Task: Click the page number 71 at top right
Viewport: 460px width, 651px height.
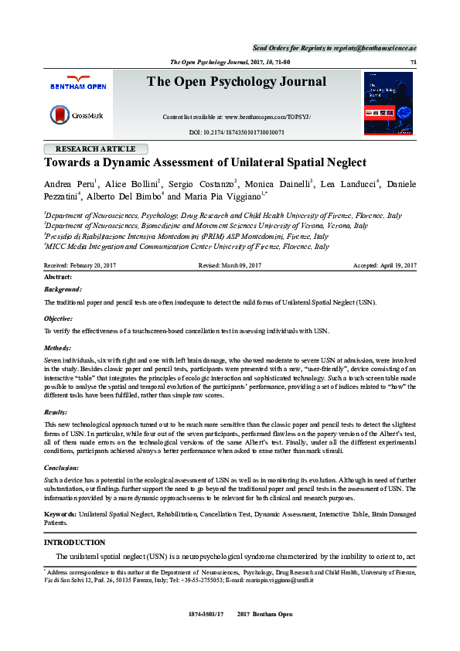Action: point(413,61)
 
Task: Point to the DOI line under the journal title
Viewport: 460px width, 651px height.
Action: point(237,133)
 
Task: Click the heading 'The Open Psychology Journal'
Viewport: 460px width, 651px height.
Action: point(237,82)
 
